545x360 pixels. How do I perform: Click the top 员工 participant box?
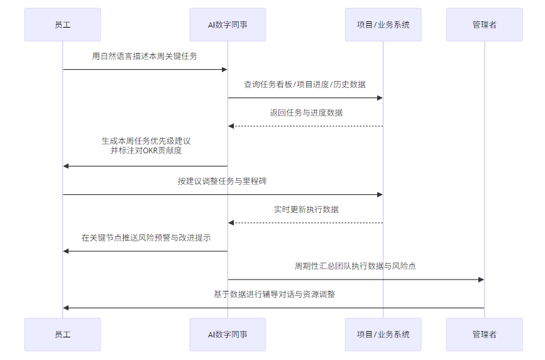tap(62, 25)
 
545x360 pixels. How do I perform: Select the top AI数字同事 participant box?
tap(228, 25)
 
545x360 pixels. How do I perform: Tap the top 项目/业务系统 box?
tap(383, 25)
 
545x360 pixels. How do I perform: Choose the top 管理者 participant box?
tap(484, 25)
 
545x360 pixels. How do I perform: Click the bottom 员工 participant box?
tap(62, 334)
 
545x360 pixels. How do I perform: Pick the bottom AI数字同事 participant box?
tap(228, 334)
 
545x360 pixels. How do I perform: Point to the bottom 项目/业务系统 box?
tap(383, 334)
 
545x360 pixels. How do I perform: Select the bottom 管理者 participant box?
tap(484, 334)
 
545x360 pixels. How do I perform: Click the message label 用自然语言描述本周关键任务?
tap(145, 57)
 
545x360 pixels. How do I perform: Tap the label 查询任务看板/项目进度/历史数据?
tap(305, 85)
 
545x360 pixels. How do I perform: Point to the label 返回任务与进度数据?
tap(306, 113)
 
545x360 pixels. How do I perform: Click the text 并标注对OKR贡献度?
tap(145, 151)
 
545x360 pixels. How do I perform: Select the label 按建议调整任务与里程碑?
tap(223, 182)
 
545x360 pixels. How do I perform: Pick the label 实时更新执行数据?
tap(306, 210)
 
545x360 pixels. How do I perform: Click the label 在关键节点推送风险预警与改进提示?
tap(145, 238)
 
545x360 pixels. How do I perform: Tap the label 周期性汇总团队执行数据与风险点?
tap(355, 266)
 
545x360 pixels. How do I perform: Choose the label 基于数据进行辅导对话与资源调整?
tap(274, 294)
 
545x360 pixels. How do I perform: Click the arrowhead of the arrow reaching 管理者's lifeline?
tap(481, 280)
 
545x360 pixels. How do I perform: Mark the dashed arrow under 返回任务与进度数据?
tap(306, 126)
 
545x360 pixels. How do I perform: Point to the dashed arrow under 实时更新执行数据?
tap(306, 223)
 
